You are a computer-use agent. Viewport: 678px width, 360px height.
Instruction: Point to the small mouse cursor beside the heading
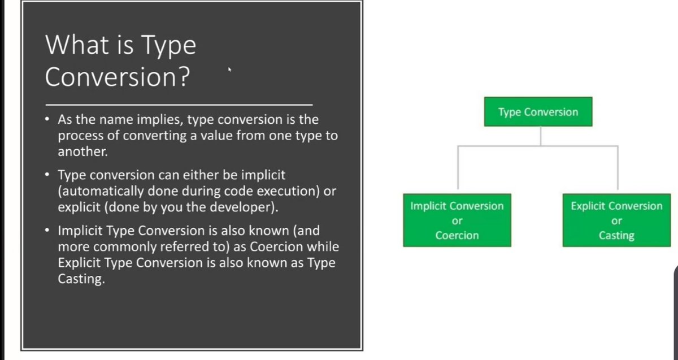[229, 71]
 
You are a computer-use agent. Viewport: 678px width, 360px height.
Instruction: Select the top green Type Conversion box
[538, 112]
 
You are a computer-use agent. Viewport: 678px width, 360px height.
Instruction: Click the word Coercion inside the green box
[457, 235]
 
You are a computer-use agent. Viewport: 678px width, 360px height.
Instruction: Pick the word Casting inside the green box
[616, 235]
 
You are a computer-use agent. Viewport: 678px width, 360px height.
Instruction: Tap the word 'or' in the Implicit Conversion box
[457, 221]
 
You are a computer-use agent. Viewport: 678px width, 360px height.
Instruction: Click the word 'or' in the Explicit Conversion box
[616, 221]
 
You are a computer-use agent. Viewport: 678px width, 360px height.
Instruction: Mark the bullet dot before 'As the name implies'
[48, 120]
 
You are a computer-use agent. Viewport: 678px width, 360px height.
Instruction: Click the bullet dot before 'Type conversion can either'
[48, 175]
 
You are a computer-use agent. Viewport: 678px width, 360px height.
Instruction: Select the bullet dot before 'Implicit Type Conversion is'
[48, 231]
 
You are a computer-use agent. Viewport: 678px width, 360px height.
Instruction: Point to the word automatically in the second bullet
[97, 192]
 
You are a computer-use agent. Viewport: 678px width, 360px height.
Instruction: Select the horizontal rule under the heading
[179, 105]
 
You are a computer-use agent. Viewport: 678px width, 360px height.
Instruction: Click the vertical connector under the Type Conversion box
[541, 136]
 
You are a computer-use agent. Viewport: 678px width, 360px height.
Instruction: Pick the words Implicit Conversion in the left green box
[457, 206]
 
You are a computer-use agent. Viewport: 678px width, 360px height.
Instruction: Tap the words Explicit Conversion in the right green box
[616, 206]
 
